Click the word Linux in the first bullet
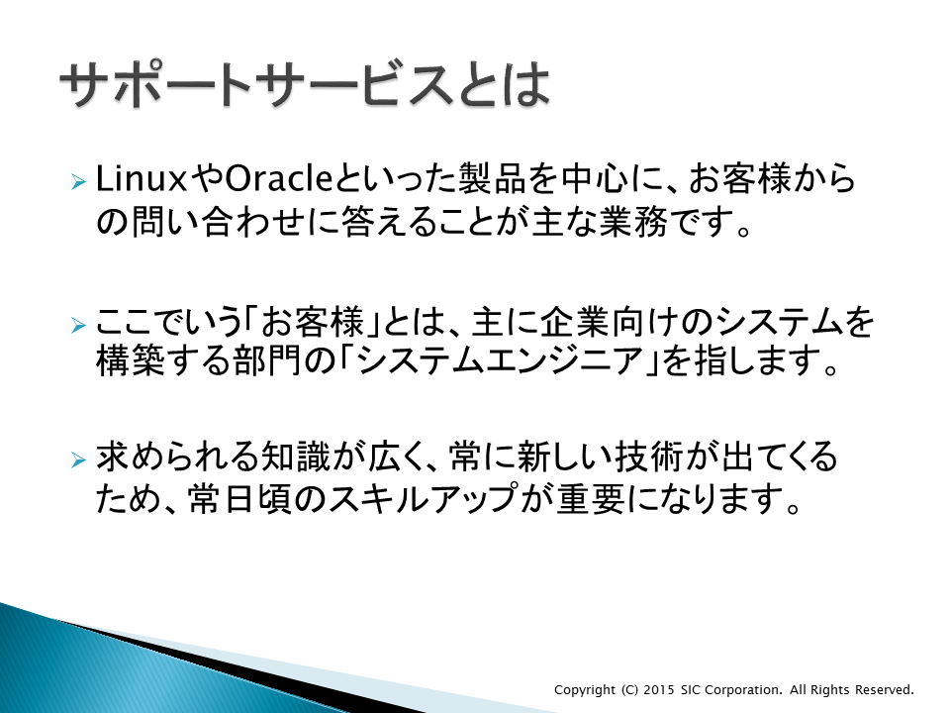[141, 179]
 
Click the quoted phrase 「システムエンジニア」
[499, 360]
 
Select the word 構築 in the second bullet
[130, 360]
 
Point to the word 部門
[267, 360]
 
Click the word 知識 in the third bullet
[295, 457]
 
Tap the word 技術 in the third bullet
[649, 457]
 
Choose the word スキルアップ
[423, 499]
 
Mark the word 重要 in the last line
[591, 499]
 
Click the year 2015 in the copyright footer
[659, 690]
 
